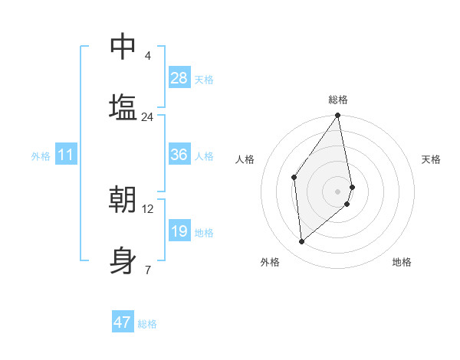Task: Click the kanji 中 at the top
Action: pos(123,47)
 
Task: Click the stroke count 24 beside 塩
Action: pos(147,117)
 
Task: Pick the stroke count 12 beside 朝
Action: pos(148,208)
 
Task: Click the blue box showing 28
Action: pos(179,78)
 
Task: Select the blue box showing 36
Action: pos(179,155)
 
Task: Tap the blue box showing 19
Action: pos(179,231)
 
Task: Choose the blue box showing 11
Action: pos(66,155)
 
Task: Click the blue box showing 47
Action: pos(123,322)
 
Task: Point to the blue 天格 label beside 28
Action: pos(203,79)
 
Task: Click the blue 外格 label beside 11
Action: pos(41,155)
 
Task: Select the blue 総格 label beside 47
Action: pos(147,323)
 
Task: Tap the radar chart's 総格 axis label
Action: pos(338,100)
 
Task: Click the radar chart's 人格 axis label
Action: pos(245,159)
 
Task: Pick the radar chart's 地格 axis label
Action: pos(402,262)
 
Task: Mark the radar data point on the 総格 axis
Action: pos(338,116)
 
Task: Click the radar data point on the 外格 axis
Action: pos(302,242)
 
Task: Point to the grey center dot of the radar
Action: pos(338,190)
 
